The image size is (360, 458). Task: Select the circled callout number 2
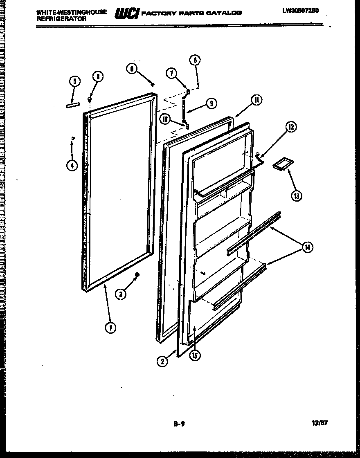point(162,361)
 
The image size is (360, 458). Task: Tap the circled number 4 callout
point(72,166)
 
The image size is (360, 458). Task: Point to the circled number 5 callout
point(74,81)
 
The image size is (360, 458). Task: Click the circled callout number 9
point(211,104)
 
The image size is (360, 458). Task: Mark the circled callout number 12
point(291,127)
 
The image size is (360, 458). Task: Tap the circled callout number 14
point(308,247)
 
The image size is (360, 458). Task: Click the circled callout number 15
point(195,356)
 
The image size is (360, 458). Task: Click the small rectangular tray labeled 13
point(281,164)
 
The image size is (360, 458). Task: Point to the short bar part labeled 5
point(72,106)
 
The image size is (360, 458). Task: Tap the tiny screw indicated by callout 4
point(72,139)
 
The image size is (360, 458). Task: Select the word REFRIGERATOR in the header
point(61,19)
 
